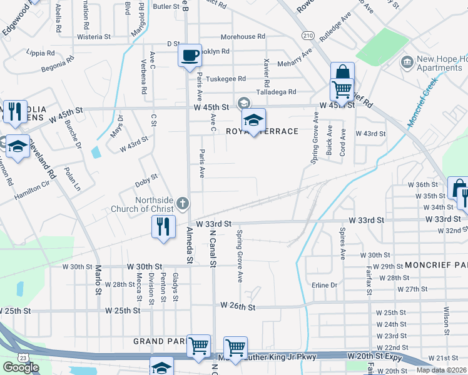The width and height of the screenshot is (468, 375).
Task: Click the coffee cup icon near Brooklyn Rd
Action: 190,55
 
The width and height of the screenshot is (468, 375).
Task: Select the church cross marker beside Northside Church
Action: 182,202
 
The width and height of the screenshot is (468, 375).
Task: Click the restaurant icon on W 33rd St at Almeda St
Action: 163,226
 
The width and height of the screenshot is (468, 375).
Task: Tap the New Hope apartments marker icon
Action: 408,61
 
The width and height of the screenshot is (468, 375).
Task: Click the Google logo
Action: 21,367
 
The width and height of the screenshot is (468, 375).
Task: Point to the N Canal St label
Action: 213,249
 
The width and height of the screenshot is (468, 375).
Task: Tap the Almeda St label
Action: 190,246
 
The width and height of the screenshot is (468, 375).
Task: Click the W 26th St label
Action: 238,306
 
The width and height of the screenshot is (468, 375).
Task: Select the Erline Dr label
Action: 324,285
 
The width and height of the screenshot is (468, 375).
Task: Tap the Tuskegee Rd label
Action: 226,79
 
